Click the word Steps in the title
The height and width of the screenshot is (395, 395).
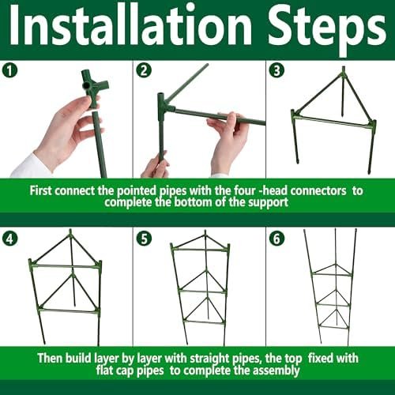[327, 29]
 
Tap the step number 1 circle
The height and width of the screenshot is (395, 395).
[9, 71]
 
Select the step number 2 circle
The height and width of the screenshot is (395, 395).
[144, 71]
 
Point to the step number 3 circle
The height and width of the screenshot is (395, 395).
[277, 71]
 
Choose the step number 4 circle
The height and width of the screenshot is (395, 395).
[9, 239]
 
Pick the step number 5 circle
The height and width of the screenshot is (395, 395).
[144, 239]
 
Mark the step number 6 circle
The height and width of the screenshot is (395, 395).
[277, 239]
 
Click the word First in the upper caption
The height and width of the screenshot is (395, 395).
[41, 190]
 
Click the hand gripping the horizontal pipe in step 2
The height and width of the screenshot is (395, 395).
[228, 142]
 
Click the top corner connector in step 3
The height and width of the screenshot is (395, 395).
[343, 74]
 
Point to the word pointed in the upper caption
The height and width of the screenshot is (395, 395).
[137, 191]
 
